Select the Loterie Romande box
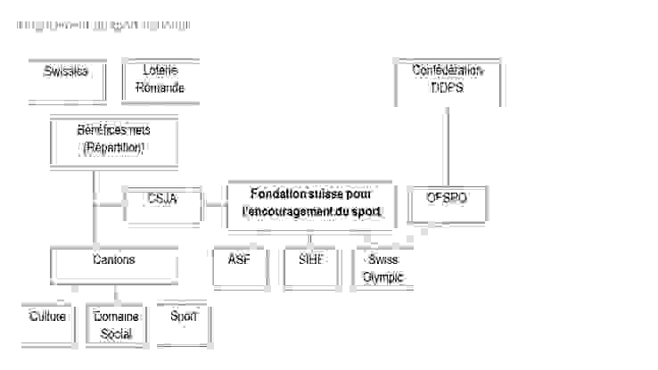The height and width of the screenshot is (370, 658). coord(160,80)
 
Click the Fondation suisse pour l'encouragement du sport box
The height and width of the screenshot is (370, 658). coord(309,203)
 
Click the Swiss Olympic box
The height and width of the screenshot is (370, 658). coord(382,267)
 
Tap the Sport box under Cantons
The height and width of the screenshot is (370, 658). coord(183,324)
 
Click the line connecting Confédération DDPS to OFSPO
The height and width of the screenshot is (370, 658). coord(448,143)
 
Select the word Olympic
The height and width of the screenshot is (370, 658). coord(382,277)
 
